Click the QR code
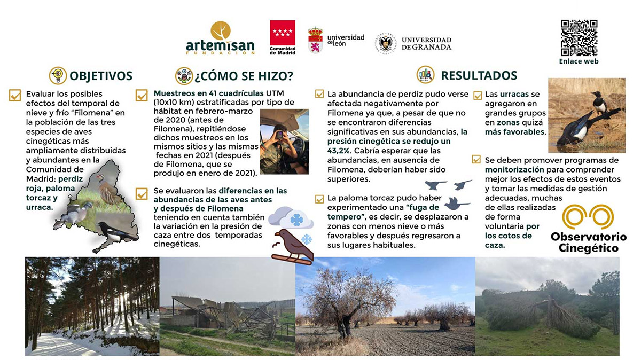point(579,38)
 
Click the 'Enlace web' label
point(579,61)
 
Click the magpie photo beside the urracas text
point(586,115)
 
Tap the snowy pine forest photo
point(92,306)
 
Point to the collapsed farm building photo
point(227,306)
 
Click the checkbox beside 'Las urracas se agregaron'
point(478,96)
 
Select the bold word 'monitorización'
point(512,169)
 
